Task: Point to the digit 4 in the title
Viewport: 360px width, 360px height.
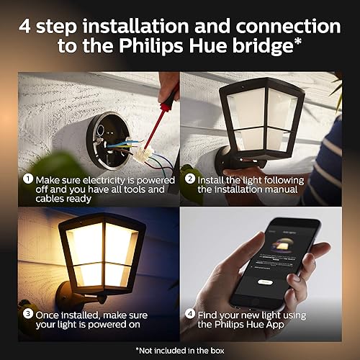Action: coord(26,26)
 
